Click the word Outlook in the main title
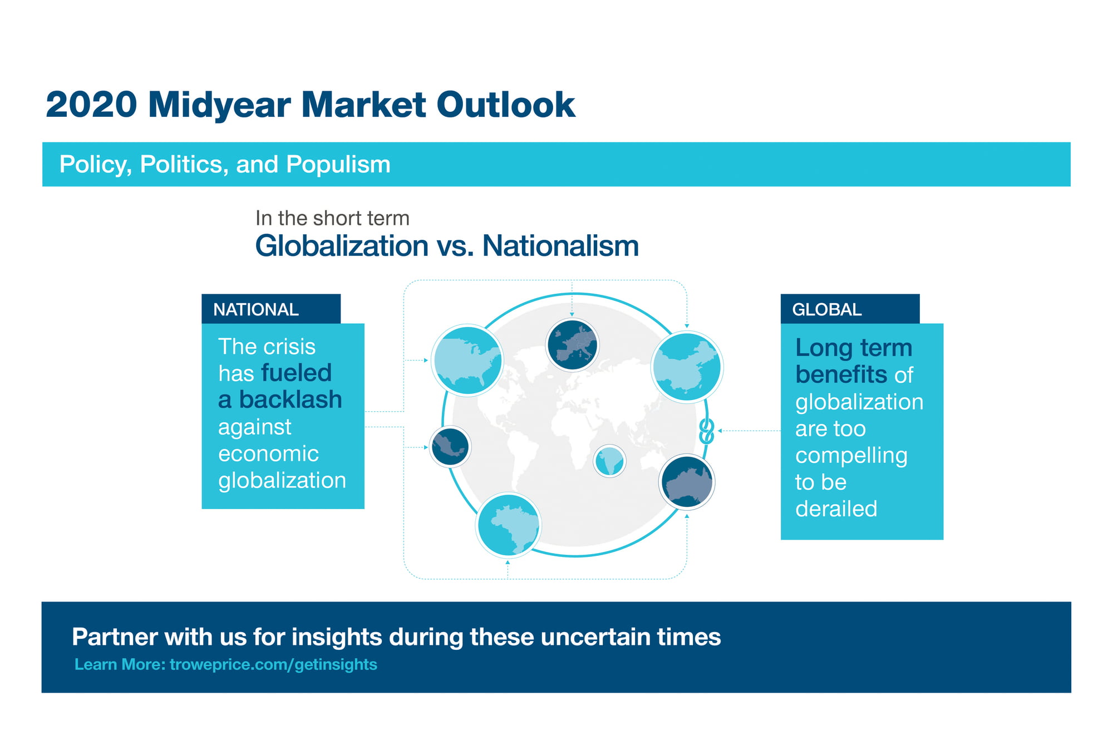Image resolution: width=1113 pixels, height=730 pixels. (x=505, y=105)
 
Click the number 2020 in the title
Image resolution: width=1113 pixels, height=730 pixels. (x=91, y=105)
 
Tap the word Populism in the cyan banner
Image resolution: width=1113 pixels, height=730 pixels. (x=338, y=165)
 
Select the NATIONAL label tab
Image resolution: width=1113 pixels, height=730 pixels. (x=271, y=309)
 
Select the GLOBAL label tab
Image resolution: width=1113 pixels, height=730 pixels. (x=850, y=309)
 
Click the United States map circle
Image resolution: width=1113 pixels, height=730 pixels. (x=467, y=360)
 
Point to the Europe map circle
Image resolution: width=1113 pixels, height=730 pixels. (x=572, y=344)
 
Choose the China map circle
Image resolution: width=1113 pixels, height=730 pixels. (x=687, y=367)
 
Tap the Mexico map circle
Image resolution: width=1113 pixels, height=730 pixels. (x=450, y=446)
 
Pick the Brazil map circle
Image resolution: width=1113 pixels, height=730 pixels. (x=508, y=525)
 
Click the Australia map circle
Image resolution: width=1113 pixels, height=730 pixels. (x=687, y=482)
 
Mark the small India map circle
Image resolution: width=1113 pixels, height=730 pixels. (x=609, y=461)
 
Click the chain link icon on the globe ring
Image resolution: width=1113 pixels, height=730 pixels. (x=706, y=431)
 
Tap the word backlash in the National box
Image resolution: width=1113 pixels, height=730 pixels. (x=290, y=399)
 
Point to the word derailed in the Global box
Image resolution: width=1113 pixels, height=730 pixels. (x=836, y=509)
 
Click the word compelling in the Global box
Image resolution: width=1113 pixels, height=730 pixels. (x=851, y=456)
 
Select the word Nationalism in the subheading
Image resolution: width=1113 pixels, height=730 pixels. (x=560, y=246)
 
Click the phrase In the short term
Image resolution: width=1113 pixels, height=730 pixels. (x=332, y=218)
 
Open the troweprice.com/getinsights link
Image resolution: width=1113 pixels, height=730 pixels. (x=273, y=664)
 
